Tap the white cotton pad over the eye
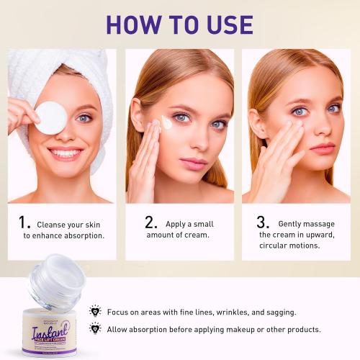pos(51,117)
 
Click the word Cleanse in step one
pos(53,225)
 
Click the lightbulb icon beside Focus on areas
pos(95,311)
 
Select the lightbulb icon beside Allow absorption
pos(95,328)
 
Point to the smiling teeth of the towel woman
pos(65,153)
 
